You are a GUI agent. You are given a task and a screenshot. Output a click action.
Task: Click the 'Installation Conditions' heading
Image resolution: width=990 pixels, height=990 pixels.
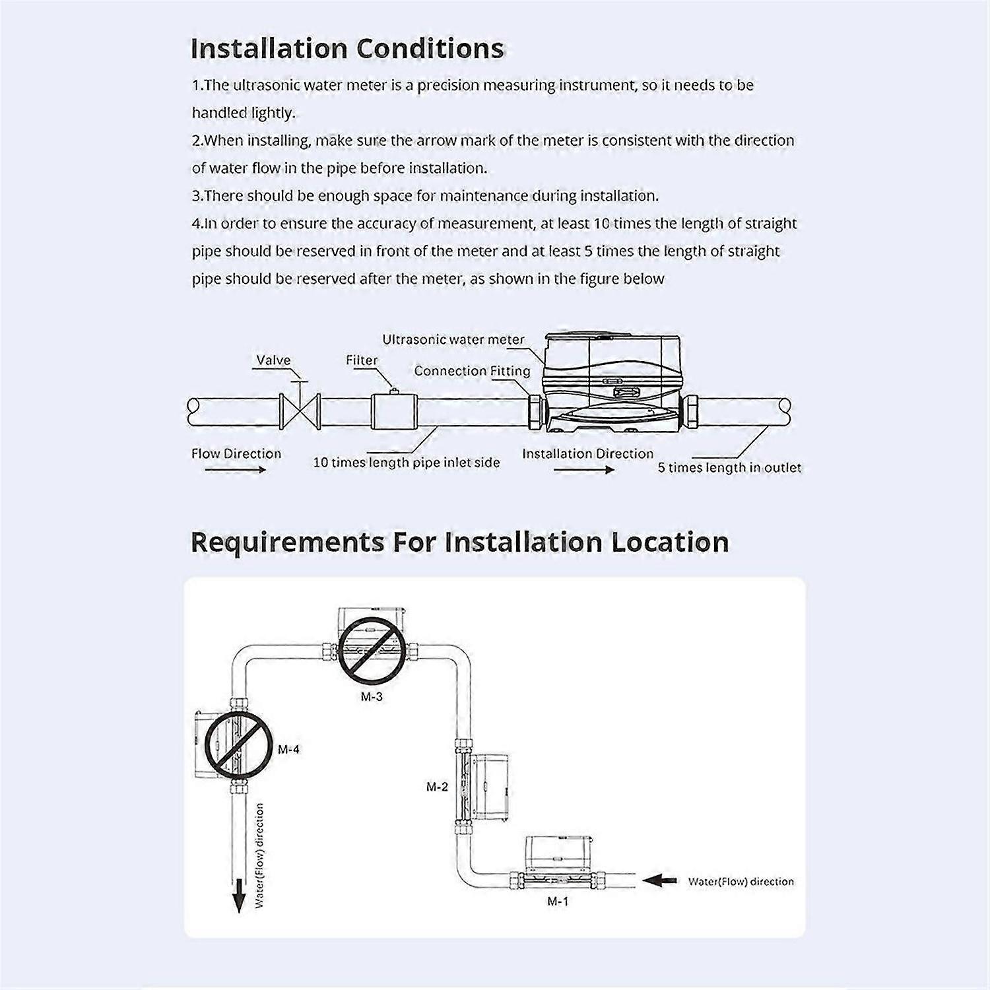pos(347,49)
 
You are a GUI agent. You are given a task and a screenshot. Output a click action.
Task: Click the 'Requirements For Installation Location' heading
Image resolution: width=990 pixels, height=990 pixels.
pos(460,543)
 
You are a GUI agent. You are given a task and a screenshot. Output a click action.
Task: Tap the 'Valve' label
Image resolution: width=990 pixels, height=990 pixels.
pos(273,360)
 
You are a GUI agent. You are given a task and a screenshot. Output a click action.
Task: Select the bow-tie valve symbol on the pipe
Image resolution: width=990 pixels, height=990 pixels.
pos(300,411)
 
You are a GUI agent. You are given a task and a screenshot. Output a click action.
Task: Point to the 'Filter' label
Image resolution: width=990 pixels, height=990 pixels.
pos(362,360)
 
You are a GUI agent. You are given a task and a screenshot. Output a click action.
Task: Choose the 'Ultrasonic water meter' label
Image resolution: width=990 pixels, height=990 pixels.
pos(453,339)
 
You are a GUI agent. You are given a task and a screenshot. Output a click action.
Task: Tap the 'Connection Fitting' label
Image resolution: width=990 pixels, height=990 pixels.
pos(472,371)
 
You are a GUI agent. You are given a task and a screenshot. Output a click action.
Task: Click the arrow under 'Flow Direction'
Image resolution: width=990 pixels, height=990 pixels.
pos(236,469)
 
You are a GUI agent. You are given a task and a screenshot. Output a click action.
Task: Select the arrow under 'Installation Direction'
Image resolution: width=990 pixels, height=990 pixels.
pos(584,469)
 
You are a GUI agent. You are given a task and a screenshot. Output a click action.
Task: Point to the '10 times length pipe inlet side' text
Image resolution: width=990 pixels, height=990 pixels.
pos(406,463)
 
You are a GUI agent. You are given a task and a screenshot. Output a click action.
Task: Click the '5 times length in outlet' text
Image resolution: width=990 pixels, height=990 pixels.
pos(729,468)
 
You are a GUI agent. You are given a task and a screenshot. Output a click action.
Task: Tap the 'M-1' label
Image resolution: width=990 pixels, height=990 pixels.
pos(558,902)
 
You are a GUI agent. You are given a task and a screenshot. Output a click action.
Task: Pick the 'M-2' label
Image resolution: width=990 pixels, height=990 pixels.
pos(437,787)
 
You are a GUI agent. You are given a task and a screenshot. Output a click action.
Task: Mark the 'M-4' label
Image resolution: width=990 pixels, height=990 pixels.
pos(288,750)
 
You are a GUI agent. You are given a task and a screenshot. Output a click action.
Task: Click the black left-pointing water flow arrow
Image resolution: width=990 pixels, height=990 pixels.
pos(659,880)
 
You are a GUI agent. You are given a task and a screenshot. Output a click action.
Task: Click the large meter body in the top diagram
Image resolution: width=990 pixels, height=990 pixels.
pos(611,383)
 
